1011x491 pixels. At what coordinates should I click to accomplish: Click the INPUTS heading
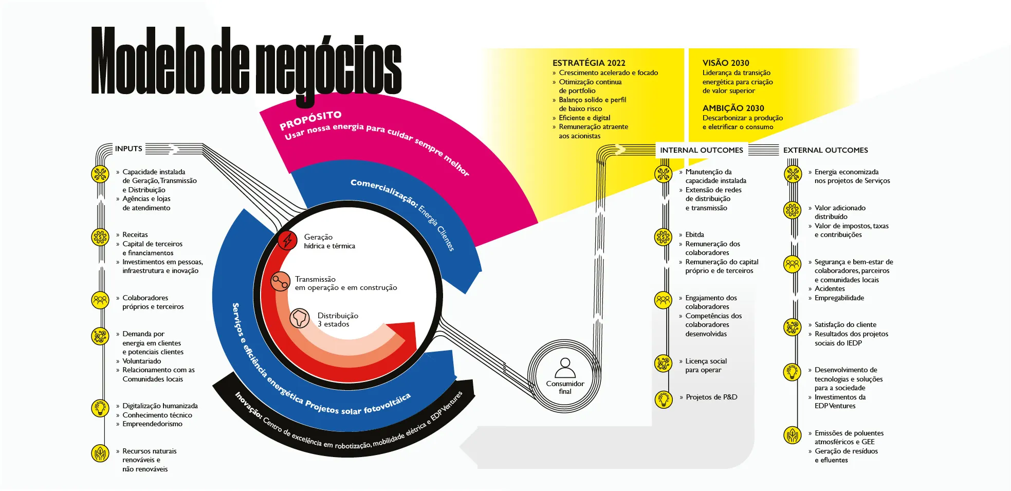point(128,149)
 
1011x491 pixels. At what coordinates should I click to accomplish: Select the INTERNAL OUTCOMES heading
point(701,150)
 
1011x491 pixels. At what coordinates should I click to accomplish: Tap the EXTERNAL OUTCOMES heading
point(825,150)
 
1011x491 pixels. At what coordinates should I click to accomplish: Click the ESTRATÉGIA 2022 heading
point(589,63)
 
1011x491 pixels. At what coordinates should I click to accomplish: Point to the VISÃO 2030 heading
point(726,63)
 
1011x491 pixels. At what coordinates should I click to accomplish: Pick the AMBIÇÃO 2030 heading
point(733,108)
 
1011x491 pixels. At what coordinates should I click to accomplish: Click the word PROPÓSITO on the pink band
point(310,120)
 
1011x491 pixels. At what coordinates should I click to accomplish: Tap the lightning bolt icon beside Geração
point(287,240)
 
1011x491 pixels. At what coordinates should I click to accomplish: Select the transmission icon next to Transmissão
point(281,282)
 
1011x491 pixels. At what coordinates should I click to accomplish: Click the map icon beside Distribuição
point(300,318)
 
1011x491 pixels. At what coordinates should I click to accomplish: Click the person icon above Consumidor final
point(565,368)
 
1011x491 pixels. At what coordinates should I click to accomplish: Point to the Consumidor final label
point(565,388)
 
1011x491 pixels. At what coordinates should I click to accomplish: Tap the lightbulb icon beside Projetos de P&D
point(664,399)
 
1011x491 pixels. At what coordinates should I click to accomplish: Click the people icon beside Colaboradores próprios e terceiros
point(100,299)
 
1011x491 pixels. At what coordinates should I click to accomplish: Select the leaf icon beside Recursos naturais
point(100,453)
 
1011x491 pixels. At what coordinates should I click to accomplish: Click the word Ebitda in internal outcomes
point(694,235)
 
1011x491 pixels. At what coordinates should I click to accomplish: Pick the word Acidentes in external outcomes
point(830,289)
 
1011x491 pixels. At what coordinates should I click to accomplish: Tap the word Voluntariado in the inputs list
point(141,361)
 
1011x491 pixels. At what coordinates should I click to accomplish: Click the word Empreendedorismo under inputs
point(152,424)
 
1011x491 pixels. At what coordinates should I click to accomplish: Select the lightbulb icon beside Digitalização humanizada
point(100,408)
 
